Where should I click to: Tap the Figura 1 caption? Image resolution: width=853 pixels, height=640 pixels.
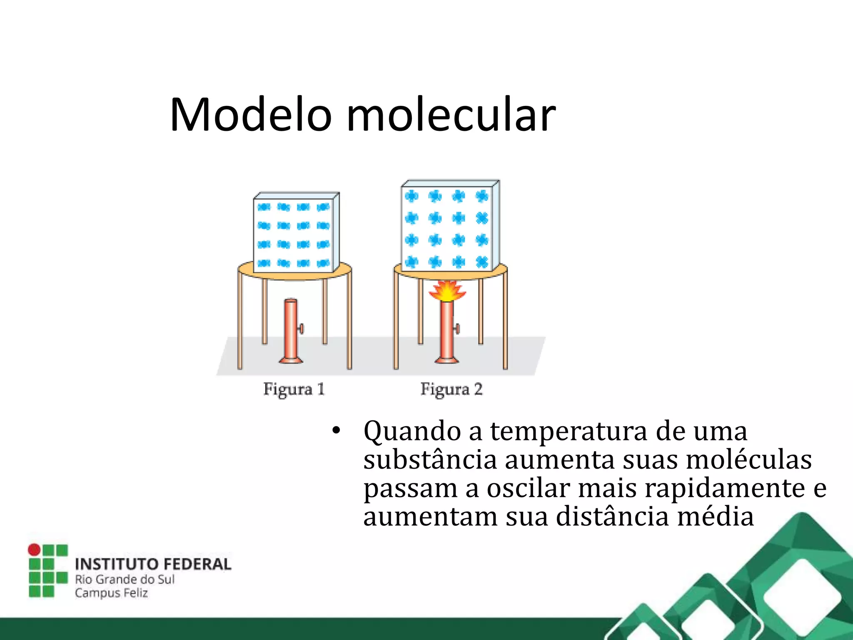(x=294, y=389)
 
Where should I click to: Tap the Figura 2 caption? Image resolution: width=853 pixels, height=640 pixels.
(x=451, y=389)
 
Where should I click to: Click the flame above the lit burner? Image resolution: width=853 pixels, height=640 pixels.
(x=447, y=291)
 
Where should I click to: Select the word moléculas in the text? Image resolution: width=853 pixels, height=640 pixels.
(x=748, y=459)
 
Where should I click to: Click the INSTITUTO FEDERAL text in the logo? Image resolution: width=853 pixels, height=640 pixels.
(x=153, y=564)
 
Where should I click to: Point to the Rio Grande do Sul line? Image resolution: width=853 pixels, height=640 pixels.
(x=125, y=579)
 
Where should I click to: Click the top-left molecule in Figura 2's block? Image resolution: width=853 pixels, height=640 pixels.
(x=412, y=196)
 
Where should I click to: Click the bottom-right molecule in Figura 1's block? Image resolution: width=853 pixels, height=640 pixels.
(x=323, y=263)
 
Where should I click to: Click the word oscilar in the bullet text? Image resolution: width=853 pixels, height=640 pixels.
(x=528, y=487)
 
